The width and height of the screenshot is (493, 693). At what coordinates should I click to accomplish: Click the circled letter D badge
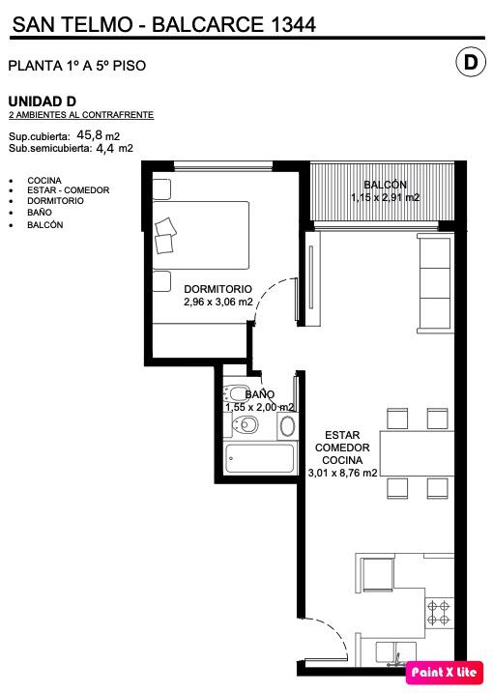(471, 62)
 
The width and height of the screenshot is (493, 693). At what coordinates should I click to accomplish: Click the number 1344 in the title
(292, 24)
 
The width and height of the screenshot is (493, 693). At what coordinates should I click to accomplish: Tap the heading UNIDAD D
(42, 101)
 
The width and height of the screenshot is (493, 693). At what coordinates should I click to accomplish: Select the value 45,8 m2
(99, 135)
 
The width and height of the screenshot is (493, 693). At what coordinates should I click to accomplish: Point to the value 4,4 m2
(114, 148)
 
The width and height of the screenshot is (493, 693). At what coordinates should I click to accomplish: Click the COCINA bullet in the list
(44, 181)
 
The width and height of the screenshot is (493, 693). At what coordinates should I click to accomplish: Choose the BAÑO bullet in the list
(40, 212)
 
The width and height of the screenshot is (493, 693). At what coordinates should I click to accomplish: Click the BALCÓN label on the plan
(385, 185)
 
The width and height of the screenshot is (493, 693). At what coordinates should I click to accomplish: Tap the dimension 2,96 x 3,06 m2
(218, 302)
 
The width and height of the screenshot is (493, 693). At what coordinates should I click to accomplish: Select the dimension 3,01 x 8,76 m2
(342, 473)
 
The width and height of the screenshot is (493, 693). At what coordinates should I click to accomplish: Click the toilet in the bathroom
(245, 425)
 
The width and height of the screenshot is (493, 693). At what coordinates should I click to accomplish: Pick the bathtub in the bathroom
(259, 458)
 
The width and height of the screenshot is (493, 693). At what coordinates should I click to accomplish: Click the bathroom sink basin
(287, 426)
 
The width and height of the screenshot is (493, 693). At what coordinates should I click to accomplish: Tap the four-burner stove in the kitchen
(438, 613)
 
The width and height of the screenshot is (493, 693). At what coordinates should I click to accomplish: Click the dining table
(417, 453)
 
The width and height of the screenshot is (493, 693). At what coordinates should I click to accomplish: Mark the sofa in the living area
(436, 283)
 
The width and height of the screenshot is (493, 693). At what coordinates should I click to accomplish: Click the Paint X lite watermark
(444, 673)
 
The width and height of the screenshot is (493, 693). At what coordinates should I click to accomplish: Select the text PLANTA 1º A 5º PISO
(77, 66)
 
